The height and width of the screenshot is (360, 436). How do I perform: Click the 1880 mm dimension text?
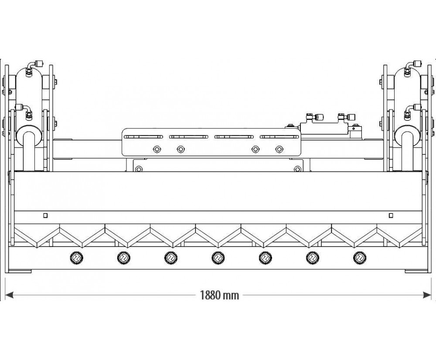click(x=220, y=295)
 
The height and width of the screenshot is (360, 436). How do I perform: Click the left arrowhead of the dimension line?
click(x=10, y=295)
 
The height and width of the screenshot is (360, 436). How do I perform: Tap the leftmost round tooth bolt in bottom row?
click(x=76, y=258)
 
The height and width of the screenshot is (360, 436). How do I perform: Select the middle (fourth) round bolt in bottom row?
click(x=217, y=258)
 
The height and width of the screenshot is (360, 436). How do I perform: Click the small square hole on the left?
click(x=45, y=215)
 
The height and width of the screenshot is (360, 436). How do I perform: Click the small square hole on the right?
click(x=391, y=215)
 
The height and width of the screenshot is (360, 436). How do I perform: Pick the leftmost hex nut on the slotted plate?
click(x=157, y=150)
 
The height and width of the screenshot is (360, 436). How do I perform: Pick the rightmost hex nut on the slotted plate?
click(x=279, y=150)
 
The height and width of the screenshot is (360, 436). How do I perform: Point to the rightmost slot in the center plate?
click(x=279, y=136)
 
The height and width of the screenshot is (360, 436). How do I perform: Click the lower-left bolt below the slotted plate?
click(x=139, y=169)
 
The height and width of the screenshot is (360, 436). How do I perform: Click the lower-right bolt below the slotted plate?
click(x=297, y=169)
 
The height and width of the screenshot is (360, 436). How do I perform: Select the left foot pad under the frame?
click(x=19, y=271)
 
